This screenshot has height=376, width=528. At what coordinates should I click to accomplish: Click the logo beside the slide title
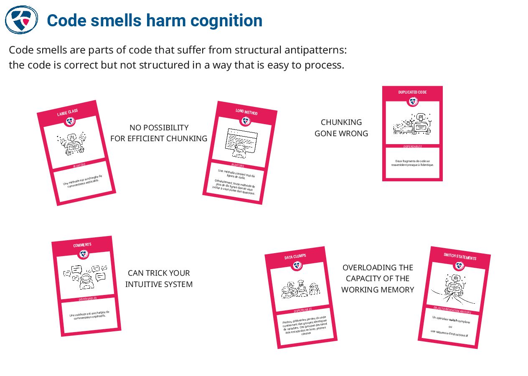21,20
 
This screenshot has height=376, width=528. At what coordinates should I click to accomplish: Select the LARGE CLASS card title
67,113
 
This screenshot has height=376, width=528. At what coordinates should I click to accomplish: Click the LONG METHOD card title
246,112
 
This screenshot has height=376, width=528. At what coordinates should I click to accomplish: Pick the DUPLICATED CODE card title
412,92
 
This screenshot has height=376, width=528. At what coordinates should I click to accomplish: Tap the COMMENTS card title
82,245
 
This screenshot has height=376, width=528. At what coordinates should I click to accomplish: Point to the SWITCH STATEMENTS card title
460,257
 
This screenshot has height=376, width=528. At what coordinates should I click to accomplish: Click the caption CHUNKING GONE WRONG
341,128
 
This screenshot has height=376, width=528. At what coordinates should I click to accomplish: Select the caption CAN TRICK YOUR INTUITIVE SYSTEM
159,279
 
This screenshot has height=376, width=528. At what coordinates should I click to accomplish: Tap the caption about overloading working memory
378,279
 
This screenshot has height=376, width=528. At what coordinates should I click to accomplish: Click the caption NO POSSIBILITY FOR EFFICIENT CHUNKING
159,133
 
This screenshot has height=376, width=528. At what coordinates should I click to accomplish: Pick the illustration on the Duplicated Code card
413,124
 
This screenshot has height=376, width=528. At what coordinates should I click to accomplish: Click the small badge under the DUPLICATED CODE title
413,102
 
